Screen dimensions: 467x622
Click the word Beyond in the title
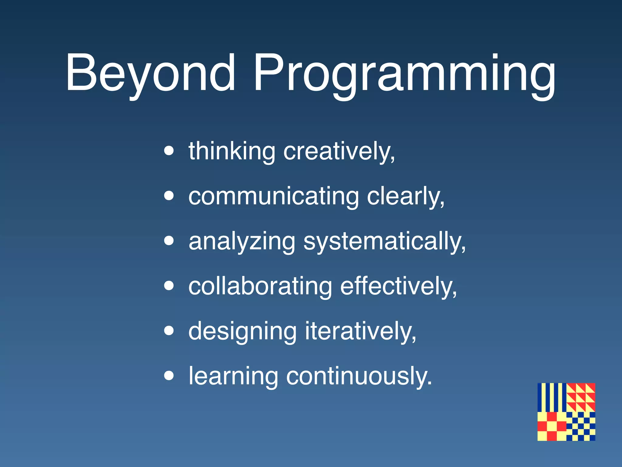[x=150, y=73]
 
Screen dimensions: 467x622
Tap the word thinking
[x=232, y=151]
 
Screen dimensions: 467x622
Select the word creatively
[x=339, y=151]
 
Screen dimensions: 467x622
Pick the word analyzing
[x=242, y=241]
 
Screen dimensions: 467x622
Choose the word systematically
[x=384, y=241]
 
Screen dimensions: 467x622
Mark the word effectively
[x=398, y=286]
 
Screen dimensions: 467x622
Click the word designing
[x=242, y=331]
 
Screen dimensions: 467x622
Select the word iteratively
[x=360, y=331]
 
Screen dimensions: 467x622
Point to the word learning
[x=233, y=376]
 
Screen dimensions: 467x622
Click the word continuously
[x=358, y=376]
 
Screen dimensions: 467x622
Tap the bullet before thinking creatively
[x=169, y=150]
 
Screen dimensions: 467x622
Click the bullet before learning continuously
[x=169, y=376]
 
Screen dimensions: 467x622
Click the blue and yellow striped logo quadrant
[x=552, y=397]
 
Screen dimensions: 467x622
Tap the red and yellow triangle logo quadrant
[x=581, y=397]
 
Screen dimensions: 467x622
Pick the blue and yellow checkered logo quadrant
[x=581, y=426]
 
